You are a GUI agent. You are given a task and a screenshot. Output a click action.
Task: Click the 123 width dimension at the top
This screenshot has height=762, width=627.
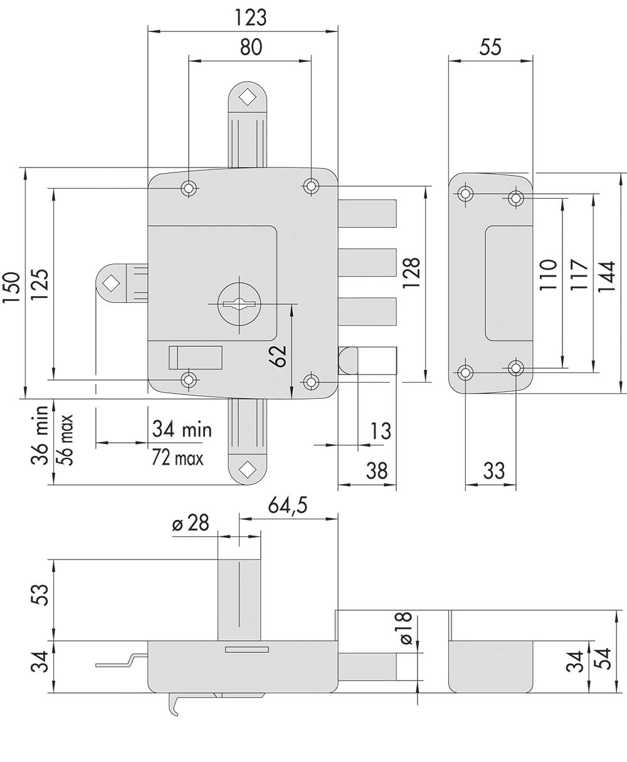251,18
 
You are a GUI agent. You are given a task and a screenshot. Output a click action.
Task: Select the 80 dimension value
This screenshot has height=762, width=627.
251,47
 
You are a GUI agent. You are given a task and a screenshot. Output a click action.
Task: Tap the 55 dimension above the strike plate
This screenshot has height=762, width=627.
490,47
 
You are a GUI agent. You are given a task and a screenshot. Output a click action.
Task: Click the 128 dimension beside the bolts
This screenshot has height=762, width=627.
412,273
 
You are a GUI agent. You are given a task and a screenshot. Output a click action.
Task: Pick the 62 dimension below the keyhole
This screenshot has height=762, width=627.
278,356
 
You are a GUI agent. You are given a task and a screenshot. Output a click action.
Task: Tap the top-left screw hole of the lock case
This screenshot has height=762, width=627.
188,188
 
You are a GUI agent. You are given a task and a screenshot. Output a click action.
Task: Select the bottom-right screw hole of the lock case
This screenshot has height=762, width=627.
311,382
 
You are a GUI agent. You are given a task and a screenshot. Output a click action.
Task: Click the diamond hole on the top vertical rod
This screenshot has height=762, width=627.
248,98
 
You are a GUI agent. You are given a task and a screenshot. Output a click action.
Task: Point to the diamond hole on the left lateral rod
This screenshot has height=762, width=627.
111,283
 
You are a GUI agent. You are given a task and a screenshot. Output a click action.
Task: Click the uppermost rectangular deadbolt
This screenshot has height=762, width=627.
367,213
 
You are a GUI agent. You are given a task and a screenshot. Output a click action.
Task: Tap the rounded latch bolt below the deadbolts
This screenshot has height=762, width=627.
367,361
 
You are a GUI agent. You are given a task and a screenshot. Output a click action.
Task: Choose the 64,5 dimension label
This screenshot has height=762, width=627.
288,505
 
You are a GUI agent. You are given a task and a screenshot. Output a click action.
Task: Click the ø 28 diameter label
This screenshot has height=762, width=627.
191,523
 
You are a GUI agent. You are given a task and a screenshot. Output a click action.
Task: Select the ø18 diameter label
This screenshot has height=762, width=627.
406,628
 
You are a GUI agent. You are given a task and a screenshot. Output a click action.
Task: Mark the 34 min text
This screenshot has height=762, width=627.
182,429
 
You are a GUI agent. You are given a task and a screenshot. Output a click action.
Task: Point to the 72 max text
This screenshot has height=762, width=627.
177,457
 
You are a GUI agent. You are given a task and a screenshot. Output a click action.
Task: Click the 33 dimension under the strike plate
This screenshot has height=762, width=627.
493,471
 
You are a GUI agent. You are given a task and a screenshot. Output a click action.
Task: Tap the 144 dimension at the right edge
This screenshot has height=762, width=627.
606,277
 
